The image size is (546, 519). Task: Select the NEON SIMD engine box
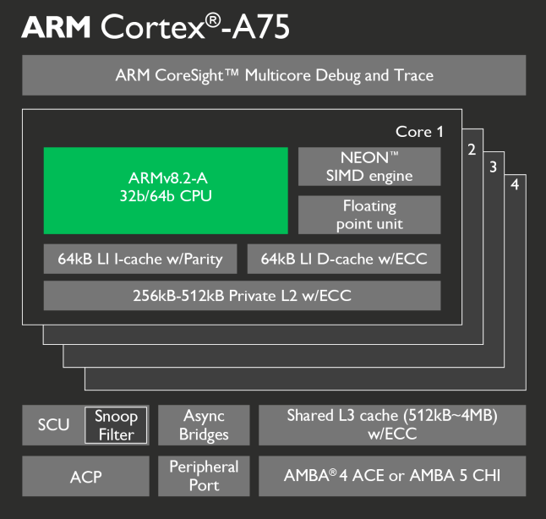pos(369,167)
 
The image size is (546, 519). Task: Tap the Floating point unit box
pos(369,215)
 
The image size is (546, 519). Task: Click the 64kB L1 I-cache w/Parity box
pos(140,259)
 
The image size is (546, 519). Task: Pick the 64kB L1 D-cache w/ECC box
pos(344,259)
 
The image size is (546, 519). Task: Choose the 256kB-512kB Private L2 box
pos(242,296)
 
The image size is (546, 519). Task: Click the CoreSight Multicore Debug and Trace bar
pos(274,75)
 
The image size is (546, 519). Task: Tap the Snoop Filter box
pos(116,425)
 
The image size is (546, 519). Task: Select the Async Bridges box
pos(204,425)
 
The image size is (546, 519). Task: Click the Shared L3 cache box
pos(392,425)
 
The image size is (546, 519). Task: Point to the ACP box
pos(85,477)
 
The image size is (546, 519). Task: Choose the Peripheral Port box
pos(204,476)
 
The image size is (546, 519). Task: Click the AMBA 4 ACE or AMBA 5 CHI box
pos(392,476)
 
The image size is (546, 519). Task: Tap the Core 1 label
pos(419,132)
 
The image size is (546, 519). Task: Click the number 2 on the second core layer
pos(472,150)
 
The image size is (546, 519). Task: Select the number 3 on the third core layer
pos(493,167)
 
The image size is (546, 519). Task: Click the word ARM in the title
pos(57,27)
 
